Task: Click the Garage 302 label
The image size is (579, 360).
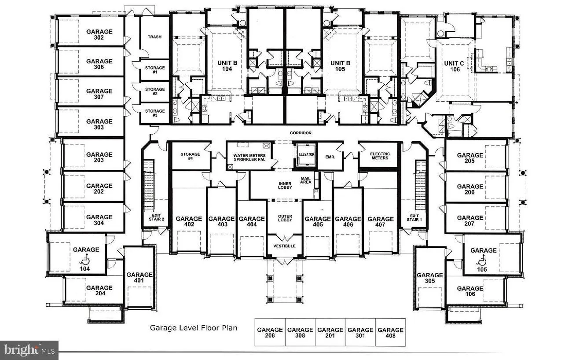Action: [99, 35]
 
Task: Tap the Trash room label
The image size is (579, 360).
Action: [154, 37]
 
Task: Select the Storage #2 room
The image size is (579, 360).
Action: [155, 92]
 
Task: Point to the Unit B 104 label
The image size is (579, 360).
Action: [227, 66]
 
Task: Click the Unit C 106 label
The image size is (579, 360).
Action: [454, 66]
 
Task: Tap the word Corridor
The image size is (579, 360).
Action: [300, 133]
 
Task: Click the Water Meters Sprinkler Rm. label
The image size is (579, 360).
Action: [249, 157]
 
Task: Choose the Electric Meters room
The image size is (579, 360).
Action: [380, 156]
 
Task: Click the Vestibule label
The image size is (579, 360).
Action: [285, 246]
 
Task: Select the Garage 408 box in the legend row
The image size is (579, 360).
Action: [390, 333]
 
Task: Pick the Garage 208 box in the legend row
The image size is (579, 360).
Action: [270, 333]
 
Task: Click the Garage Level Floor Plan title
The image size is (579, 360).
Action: [194, 327]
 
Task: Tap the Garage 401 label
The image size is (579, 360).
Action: [139, 278]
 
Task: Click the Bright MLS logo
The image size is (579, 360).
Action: [29, 350]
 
